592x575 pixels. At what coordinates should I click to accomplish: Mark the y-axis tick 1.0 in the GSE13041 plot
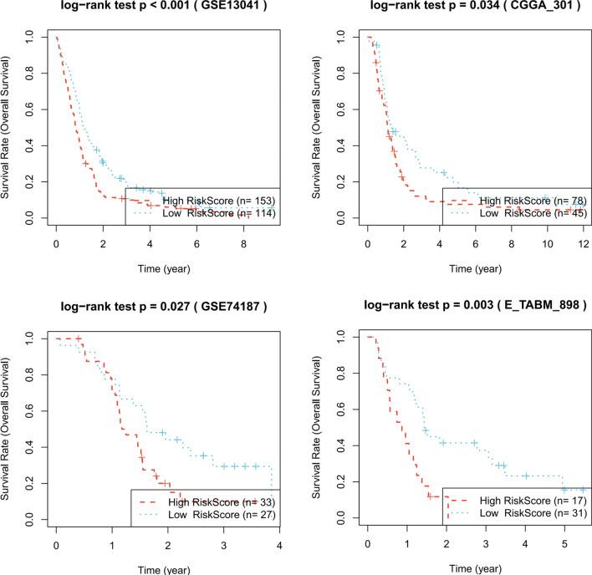pyautogui.click(x=32, y=38)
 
